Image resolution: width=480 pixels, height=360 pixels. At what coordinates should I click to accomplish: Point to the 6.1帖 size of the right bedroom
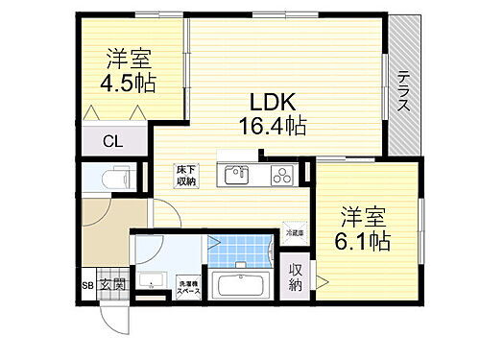(x=362, y=240)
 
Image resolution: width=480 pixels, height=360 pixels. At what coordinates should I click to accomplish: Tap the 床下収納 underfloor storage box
(x=186, y=175)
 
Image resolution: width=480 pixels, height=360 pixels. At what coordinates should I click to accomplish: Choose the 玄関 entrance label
(x=114, y=285)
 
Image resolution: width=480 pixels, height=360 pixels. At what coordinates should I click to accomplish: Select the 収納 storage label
(x=296, y=277)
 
